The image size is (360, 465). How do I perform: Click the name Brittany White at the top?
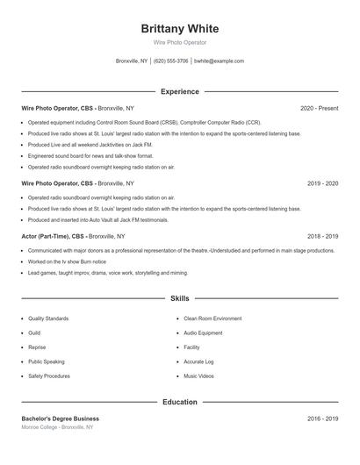(x=180, y=28)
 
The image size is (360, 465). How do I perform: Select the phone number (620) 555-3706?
(x=170, y=61)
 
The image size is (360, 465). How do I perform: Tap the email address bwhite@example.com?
(x=219, y=61)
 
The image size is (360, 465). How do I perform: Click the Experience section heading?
(x=180, y=91)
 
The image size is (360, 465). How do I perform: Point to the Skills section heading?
(x=180, y=299)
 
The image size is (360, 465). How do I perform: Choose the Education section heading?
(x=180, y=402)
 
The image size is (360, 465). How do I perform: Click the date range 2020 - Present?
(x=319, y=108)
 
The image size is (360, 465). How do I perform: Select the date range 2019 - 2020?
(x=322, y=183)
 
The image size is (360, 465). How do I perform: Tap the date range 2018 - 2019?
(x=322, y=236)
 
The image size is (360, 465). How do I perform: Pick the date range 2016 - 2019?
(x=322, y=418)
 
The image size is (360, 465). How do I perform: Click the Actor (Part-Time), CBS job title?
(x=53, y=236)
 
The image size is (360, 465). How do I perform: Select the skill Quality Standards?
(x=48, y=318)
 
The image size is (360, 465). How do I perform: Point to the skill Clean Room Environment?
(x=212, y=318)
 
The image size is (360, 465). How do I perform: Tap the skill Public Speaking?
(x=46, y=361)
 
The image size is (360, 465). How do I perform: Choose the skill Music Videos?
(x=198, y=376)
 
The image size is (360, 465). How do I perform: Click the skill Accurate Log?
(x=198, y=361)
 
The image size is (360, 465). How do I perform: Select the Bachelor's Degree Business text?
(x=61, y=418)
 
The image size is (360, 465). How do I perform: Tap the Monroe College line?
(x=56, y=427)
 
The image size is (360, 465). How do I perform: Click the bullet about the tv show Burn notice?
(x=67, y=261)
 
